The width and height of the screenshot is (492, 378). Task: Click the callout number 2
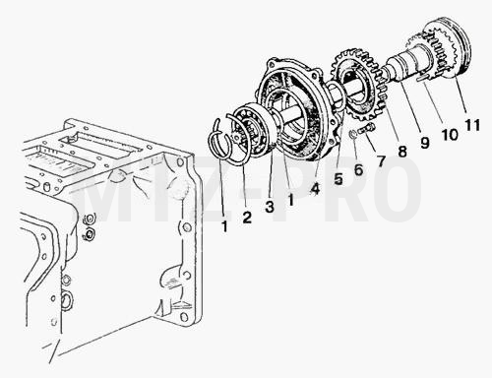(247, 218)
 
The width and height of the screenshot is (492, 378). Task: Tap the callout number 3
(270, 207)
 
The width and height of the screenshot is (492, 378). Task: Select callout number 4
(315, 189)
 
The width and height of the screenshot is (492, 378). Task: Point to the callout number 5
(338, 179)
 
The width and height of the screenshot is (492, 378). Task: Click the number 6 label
(358, 169)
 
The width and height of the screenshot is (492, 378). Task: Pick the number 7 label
(381, 160)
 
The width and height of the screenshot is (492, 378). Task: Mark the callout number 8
(402, 152)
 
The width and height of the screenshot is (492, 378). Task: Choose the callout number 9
(424, 142)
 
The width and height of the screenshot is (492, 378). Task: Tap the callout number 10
(450, 134)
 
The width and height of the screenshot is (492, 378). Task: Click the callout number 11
(472, 125)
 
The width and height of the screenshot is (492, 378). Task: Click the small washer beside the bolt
(353, 134)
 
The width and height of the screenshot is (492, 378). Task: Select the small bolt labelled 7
(367, 128)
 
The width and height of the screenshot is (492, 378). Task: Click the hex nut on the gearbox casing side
(88, 234)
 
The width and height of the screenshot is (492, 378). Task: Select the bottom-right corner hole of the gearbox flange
(185, 317)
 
